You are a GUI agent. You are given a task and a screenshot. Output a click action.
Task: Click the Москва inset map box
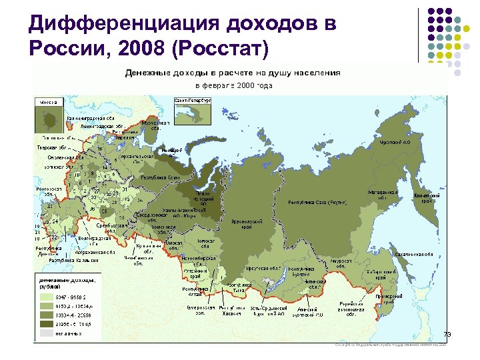tap(49, 116)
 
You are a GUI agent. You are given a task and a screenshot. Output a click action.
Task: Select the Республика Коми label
tap(157, 178)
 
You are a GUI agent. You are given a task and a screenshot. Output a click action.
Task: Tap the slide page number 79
tap(448, 333)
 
